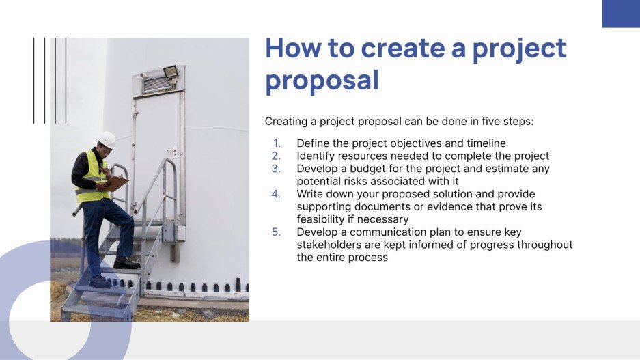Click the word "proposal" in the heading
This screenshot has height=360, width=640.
(322, 81)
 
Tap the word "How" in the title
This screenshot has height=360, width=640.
(292, 49)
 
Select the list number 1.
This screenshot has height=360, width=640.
(277, 143)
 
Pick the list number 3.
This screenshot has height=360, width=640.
(276, 169)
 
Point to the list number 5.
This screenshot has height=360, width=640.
(276, 232)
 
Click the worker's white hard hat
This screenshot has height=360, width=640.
(107, 139)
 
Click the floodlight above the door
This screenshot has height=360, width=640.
(169, 71)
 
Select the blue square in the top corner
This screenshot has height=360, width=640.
(620, 14)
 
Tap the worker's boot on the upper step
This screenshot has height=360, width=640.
(126, 264)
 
